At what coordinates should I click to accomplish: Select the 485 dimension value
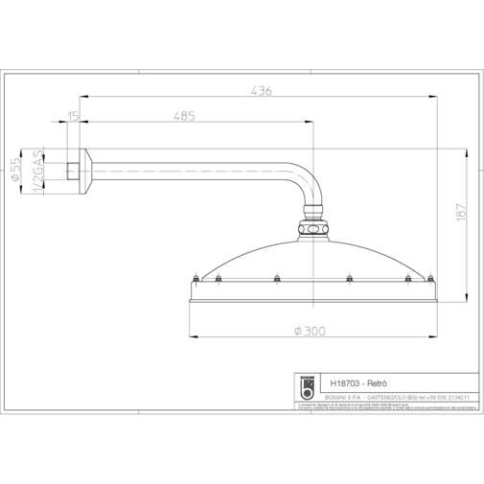(184, 116)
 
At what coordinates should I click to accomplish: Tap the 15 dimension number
(74, 116)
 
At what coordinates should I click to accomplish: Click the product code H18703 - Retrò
(358, 379)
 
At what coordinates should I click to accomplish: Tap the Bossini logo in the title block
(308, 385)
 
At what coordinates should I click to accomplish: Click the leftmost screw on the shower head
(196, 280)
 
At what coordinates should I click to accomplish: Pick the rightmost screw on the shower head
(428, 280)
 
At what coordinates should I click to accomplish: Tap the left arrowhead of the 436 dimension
(81, 97)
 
